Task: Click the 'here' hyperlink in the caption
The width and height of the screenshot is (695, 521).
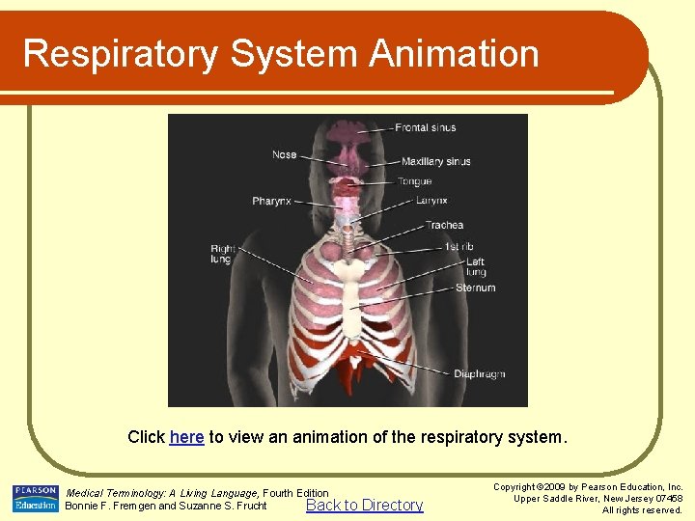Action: [x=186, y=437]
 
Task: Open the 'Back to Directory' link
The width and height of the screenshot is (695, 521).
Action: [x=364, y=505]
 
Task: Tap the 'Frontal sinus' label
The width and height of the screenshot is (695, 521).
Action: [x=425, y=127]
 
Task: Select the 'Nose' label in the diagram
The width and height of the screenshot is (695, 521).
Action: [x=285, y=154]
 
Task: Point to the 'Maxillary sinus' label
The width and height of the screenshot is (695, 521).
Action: [x=435, y=161]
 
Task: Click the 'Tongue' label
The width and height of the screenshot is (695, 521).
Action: [x=415, y=181]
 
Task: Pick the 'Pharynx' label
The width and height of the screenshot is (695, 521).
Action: [x=271, y=201]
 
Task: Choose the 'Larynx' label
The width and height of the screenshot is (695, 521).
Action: [x=431, y=201]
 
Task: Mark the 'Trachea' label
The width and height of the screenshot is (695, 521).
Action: [x=444, y=226]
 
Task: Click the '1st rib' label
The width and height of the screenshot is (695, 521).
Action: [x=459, y=247]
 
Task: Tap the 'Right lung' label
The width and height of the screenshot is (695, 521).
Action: [x=222, y=255]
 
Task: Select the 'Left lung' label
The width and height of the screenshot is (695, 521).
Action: [x=475, y=266]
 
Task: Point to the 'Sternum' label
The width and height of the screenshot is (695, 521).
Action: [x=475, y=288]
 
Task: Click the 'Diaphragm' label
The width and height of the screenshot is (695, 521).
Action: [x=479, y=374]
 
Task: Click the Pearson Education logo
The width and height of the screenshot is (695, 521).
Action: [x=35, y=498]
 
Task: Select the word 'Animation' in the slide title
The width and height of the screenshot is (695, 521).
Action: [x=447, y=53]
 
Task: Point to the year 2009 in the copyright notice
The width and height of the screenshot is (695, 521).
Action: [x=554, y=487]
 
